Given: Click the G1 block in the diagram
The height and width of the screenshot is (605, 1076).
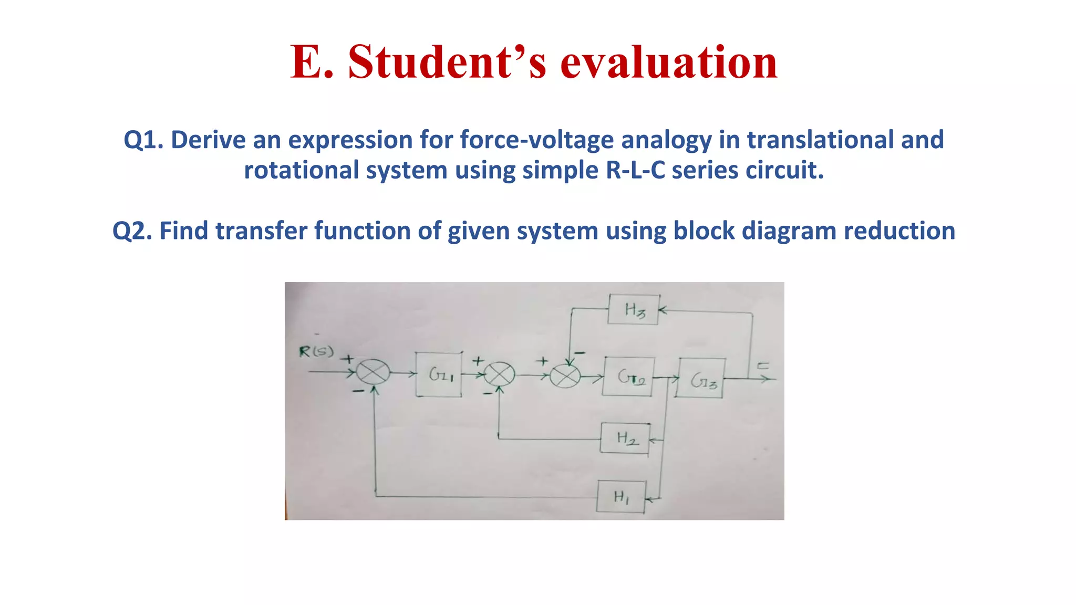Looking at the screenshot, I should pos(439,374).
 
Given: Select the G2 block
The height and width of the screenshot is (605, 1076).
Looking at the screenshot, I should pos(628,377).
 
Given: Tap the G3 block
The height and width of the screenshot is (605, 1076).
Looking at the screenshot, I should pos(701,378).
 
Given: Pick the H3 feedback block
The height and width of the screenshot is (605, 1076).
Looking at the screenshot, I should pos(633,310).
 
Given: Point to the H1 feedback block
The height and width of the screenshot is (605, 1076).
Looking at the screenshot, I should pos(621,496).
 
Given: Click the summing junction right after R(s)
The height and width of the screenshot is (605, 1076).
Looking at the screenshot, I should pos(373,373).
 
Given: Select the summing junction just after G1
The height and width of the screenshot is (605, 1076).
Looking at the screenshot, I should pos(499,375).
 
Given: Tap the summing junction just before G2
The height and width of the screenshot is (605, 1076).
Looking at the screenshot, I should pos(565,376).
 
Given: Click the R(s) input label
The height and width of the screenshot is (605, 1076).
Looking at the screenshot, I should pos(316,351).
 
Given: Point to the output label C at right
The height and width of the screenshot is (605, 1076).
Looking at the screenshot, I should pos(763,366).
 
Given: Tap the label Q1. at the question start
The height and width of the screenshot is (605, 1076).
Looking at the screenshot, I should pos(143,140).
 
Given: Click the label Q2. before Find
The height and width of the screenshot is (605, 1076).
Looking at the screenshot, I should pos(132,231).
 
